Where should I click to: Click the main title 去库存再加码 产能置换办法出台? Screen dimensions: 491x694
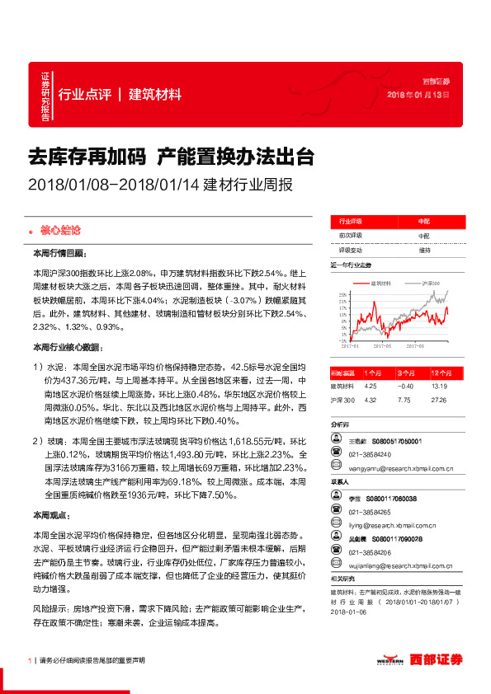[x=169, y=157]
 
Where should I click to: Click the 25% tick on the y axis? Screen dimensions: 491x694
[x=342, y=293]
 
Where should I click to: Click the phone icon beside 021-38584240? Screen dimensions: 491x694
[x=336, y=453]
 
